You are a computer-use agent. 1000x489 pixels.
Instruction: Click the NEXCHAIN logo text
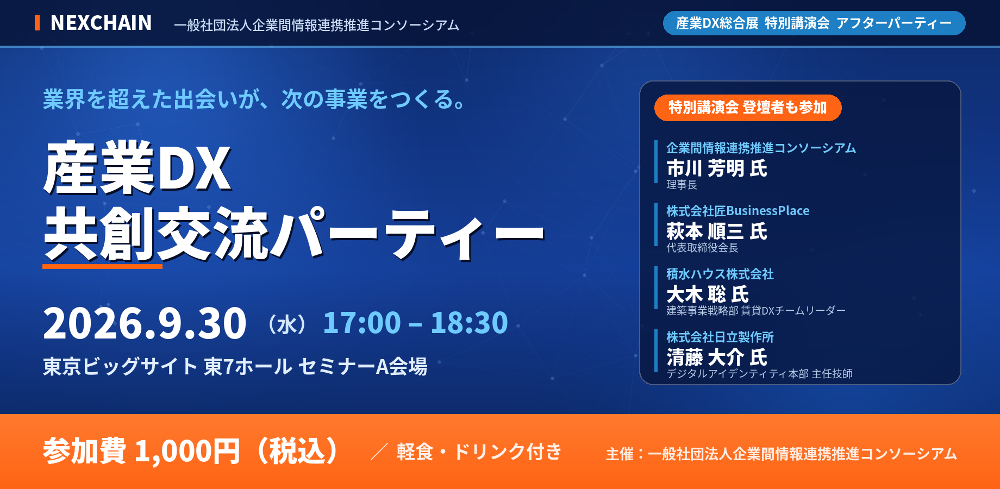(x=101, y=23)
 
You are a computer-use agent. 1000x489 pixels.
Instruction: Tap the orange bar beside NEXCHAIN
(x=37, y=23)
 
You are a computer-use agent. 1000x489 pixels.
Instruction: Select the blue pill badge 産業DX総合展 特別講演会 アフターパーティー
(x=814, y=23)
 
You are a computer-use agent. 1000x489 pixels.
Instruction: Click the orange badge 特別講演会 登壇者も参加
(x=748, y=108)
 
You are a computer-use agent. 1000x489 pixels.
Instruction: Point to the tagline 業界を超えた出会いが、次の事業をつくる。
(x=254, y=99)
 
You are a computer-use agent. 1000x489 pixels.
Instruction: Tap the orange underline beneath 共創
(x=102, y=266)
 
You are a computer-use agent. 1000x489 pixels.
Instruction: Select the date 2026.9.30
(x=145, y=323)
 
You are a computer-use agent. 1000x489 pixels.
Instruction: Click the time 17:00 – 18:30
(x=415, y=323)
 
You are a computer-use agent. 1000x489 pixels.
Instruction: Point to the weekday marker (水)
(x=287, y=325)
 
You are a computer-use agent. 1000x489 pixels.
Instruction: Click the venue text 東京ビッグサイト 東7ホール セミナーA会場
(x=235, y=367)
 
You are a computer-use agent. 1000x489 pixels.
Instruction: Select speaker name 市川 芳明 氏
(x=717, y=168)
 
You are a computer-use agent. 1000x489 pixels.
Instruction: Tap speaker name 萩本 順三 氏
(x=717, y=231)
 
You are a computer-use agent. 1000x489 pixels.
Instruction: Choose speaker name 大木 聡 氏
(x=708, y=294)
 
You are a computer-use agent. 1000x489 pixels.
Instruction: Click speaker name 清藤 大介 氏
(x=717, y=358)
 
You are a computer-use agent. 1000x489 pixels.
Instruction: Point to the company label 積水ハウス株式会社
(x=720, y=274)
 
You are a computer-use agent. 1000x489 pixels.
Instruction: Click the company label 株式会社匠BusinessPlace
(x=738, y=211)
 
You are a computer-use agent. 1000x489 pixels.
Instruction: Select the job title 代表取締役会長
(x=702, y=248)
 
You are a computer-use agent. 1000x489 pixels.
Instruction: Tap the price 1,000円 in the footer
(x=187, y=452)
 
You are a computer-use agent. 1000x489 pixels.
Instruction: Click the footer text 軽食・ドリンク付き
(x=479, y=452)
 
